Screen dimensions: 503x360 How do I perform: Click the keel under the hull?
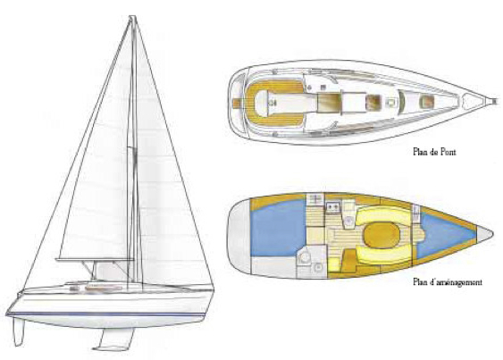(x=114, y=339)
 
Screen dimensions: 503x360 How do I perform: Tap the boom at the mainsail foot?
(x=95, y=259)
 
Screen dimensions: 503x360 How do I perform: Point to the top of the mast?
(x=132, y=17)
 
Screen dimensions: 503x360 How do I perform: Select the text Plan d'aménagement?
(x=448, y=282)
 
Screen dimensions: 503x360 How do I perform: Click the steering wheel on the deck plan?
(x=272, y=103)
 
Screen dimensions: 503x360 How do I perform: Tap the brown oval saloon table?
(x=381, y=235)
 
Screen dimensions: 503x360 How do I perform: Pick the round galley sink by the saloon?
(x=348, y=221)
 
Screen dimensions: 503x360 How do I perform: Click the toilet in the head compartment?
(x=304, y=256)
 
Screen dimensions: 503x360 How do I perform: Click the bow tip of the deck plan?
(x=499, y=101)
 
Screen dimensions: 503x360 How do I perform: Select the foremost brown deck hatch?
(x=425, y=102)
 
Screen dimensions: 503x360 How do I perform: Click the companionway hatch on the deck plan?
(x=328, y=103)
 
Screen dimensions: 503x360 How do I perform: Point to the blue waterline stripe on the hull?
(x=105, y=314)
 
